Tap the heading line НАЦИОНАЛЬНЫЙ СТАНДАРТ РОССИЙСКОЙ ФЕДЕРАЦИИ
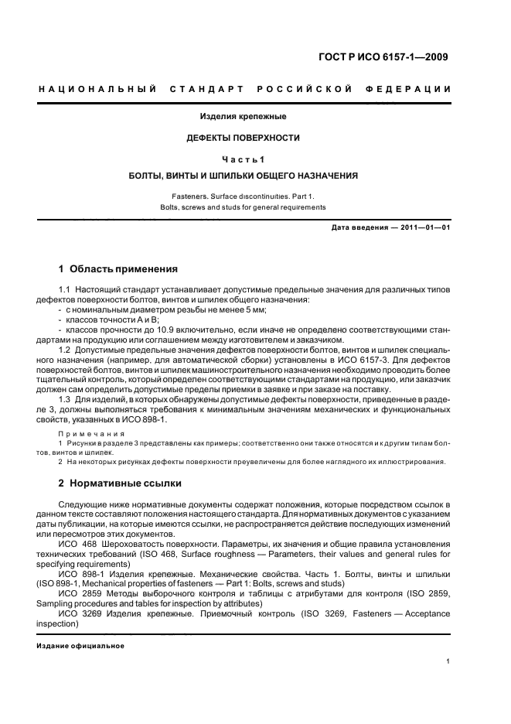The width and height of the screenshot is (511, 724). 245,90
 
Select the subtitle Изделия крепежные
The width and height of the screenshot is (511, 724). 244,117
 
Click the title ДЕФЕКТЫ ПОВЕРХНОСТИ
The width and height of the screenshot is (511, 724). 244,138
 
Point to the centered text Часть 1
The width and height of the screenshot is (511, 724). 244,159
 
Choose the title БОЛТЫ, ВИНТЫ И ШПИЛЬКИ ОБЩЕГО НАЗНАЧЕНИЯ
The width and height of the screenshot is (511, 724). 244,176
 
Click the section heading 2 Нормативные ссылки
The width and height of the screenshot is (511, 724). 121,483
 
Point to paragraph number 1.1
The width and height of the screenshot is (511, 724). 65,289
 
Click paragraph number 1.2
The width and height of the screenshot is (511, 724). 65,350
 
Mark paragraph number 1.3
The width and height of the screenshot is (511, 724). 65,400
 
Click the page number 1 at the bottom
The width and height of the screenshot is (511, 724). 448,661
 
